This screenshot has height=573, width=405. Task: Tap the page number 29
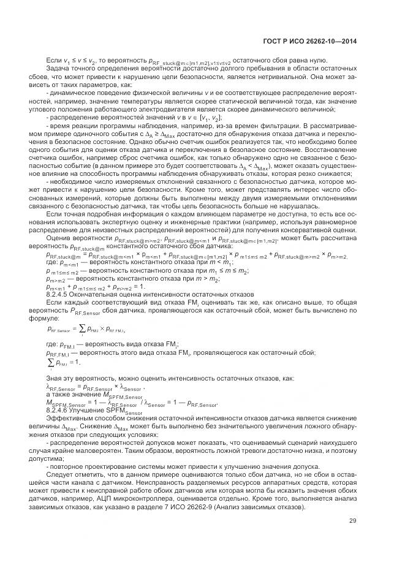coord(353,522)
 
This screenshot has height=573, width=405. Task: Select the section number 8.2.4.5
coord(59,295)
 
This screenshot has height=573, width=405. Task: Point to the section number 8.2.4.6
coord(59,411)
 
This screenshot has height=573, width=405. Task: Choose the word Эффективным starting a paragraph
coord(65,419)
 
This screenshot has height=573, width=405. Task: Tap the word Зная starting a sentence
coord(55,379)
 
